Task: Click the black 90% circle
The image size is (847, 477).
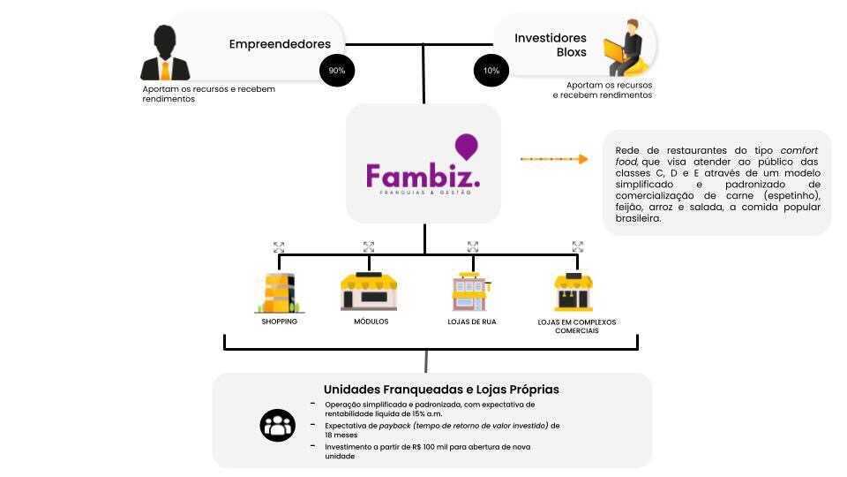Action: click(336, 70)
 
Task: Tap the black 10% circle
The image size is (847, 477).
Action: click(491, 70)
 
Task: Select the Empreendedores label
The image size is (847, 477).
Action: click(280, 44)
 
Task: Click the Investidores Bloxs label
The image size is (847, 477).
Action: click(550, 45)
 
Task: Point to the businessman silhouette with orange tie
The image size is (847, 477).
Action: click(165, 53)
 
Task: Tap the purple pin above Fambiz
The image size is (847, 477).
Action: click(466, 146)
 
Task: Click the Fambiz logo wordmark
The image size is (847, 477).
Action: click(423, 174)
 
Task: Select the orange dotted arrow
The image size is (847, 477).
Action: click(554, 159)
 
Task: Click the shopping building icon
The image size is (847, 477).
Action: click(279, 292)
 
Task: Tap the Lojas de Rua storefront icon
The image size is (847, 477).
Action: click(472, 291)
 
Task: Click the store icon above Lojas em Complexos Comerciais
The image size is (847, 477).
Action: click(573, 291)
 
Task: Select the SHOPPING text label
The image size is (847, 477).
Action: click(279, 322)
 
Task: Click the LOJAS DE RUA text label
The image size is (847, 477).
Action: click(472, 322)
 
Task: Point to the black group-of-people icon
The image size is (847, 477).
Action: click(277, 425)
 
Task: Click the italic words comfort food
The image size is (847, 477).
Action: click(716, 156)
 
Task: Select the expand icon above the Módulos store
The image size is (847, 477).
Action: click(369, 247)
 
